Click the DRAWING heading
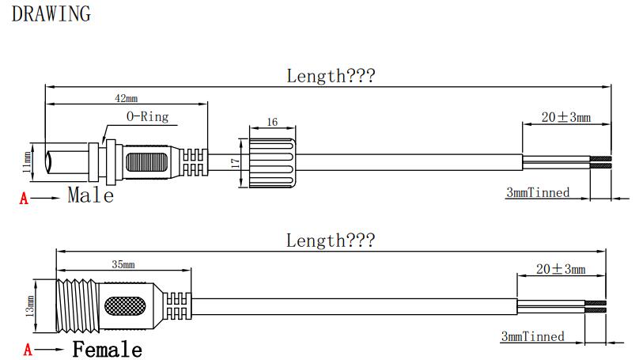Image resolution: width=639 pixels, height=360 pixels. (51, 13)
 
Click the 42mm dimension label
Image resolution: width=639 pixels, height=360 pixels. (127, 98)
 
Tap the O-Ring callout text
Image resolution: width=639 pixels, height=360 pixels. (148, 116)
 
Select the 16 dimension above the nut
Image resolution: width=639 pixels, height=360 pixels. (272, 122)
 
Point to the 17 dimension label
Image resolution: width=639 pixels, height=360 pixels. (235, 162)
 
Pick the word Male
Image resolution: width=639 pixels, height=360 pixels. (91, 195)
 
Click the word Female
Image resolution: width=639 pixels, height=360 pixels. (108, 349)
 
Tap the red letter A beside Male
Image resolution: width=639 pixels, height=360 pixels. (24, 199)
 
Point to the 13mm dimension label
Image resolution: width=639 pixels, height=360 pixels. (31, 305)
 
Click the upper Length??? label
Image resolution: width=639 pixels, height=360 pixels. (331, 76)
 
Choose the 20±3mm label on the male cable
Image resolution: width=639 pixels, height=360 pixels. (566, 117)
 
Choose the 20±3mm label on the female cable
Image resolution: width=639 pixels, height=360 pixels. (561, 269)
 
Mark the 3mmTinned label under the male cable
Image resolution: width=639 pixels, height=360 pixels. (538, 192)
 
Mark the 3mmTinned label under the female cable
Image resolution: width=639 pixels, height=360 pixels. (533, 337)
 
